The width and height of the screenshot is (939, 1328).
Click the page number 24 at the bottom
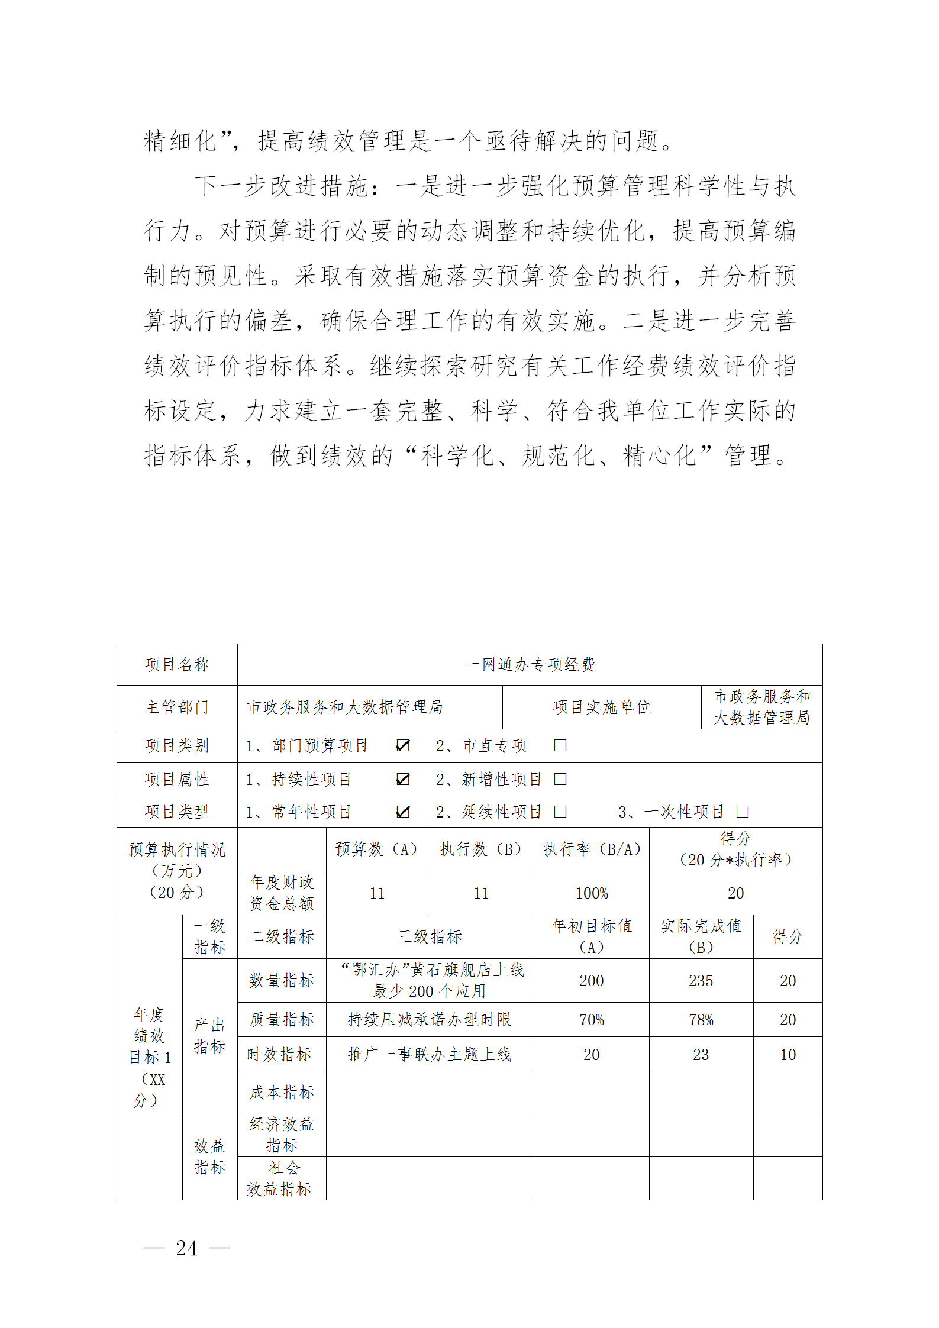[x=186, y=1248]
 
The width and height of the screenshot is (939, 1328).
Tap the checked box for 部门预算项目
[x=402, y=745]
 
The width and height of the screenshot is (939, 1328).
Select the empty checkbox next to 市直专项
[x=560, y=745]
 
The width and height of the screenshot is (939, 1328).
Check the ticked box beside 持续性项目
[x=402, y=779]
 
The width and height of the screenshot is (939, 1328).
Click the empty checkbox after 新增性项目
[x=560, y=779]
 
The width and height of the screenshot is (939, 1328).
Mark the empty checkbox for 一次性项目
[x=742, y=812]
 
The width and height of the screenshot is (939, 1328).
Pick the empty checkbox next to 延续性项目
[x=560, y=812]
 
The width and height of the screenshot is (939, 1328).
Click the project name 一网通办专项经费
[x=530, y=664]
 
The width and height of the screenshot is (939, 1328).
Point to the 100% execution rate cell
[x=591, y=893]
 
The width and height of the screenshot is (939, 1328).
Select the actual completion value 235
[x=701, y=981]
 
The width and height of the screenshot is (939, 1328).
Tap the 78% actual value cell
[x=701, y=1020]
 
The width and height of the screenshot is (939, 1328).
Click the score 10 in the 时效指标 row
[x=788, y=1055]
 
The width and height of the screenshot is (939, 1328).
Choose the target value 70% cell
[x=591, y=1020]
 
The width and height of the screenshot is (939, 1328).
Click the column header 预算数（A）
[x=377, y=849]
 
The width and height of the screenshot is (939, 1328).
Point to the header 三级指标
[x=430, y=936]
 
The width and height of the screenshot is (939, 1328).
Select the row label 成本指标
[x=282, y=1092]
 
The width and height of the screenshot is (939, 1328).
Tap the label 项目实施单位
[x=601, y=707]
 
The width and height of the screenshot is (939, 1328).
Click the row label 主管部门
[x=177, y=707]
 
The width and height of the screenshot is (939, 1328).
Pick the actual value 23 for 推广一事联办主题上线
[x=701, y=1055]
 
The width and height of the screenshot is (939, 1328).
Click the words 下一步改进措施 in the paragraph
[x=282, y=186]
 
